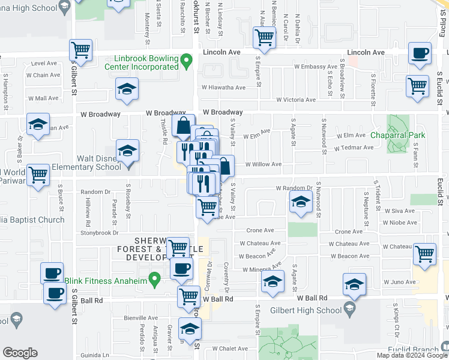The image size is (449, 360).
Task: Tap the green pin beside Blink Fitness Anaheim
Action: [x=155, y=278]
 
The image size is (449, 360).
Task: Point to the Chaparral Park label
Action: [x=398, y=136]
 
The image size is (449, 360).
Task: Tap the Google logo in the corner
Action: [x=20, y=353]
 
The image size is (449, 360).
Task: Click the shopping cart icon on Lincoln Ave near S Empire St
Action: [x=264, y=38]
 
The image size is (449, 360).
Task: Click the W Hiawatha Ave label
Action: [x=223, y=88]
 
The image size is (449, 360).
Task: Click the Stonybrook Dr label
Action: [x=100, y=232]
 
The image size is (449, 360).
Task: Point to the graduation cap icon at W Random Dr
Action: [x=301, y=202]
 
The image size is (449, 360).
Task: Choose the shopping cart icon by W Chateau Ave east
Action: [x=425, y=254]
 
